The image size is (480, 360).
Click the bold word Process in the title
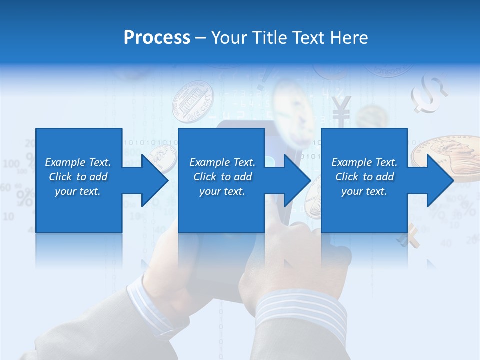[x=157, y=38]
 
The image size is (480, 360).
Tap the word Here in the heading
[x=349, y=38]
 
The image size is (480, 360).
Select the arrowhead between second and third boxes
[x=296, y=180]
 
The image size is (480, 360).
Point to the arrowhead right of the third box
[x=439, y=180]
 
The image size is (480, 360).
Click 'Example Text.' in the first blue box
[x=78, y=162]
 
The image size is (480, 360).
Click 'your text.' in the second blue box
[x=222, y=191]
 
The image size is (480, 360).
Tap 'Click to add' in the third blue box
[x=364, y=177]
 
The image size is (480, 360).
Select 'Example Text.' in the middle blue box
[x=222, y=162]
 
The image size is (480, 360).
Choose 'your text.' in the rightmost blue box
[x=364, y=191]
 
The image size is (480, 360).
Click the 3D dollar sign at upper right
[x=429, y=93]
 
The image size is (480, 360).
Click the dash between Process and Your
[x=201, y=38]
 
